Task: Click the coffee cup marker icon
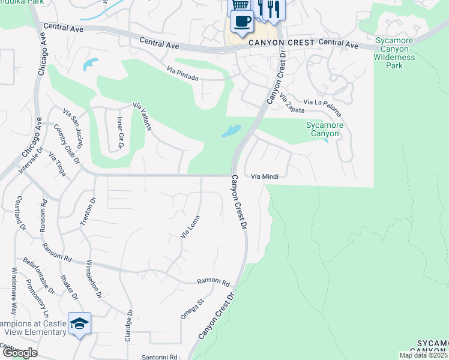click(242, 22)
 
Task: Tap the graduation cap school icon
click(79, 324)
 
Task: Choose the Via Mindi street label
click(265, 176)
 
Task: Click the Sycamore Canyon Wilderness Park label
click(396, 53)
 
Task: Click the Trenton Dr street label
click(88, 212)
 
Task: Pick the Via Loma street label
click(190, 226)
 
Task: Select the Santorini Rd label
click(160, 356)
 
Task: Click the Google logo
click(19, 353)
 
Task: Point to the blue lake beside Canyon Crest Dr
click(231, 131)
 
